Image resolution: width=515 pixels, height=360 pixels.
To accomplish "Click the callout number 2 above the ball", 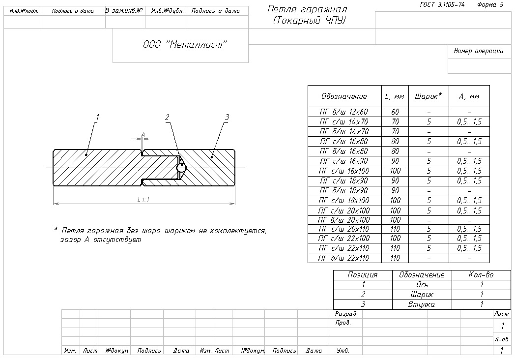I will pos(167,117).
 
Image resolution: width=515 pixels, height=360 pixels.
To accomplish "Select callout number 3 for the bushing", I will pos(227,117).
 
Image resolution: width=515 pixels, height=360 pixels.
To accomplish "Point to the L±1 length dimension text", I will pos(143,199).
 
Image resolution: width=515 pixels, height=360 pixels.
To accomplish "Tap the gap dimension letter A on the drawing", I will pos(143,134).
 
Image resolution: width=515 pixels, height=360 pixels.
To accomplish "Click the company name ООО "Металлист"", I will pos(185,45).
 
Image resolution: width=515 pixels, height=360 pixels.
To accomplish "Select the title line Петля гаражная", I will pos(308,10).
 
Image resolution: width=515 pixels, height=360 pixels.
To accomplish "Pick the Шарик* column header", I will pos(429,96).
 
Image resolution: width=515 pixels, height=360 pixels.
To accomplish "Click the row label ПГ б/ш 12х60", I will pos(343,112).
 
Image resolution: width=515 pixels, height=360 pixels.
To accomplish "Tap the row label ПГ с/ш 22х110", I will pos(343,248).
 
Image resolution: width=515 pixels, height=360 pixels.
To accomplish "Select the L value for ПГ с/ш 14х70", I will pos(395,121).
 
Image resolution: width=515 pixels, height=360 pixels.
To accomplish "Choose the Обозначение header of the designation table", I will pos(344,96).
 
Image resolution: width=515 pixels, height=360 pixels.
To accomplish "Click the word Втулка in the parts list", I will pos(422,304).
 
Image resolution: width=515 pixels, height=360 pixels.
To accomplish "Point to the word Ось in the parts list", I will pos(422,285).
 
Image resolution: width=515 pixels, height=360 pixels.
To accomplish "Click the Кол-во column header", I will pos(482,275).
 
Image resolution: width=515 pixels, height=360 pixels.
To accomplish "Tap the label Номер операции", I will pos(478,51).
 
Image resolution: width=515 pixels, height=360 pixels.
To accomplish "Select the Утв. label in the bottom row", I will pos(343,351).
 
